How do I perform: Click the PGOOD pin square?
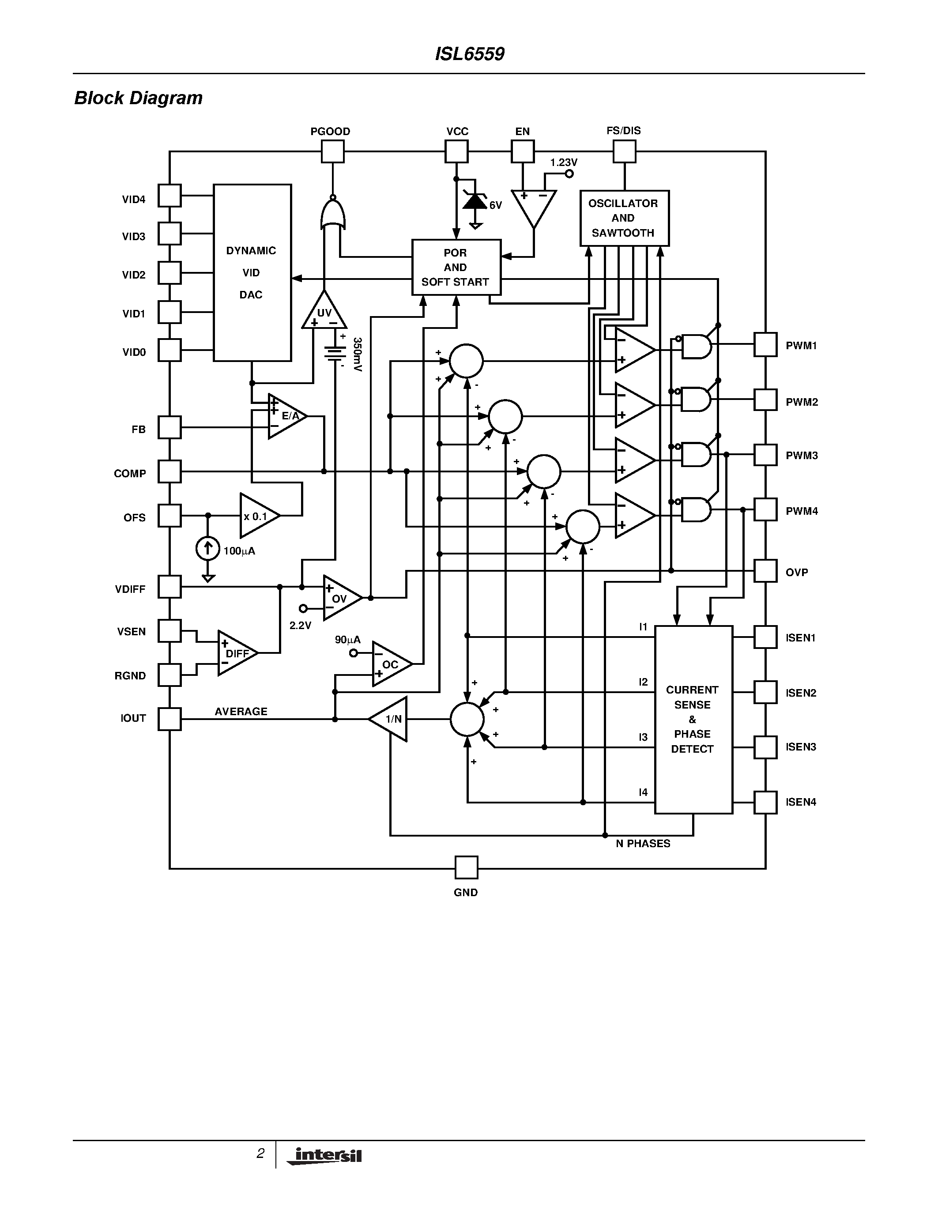click(x=332, y=151)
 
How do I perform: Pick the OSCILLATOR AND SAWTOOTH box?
click(x=624, y=218)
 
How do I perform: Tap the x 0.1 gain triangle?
click(x=257, y=516)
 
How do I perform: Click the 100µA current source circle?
click(x=208, y=549)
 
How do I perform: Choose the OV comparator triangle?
click(x=340, y=598)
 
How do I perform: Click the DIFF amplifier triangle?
click(x=236, y=653)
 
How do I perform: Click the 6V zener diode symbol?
click(x=475, y=201)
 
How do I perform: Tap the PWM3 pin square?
click(x=765, y=455)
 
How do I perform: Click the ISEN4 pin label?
click(x=800, y=802)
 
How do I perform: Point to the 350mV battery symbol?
click(x=335, y=353)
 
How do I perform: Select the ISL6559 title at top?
click(x=470, y=54)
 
